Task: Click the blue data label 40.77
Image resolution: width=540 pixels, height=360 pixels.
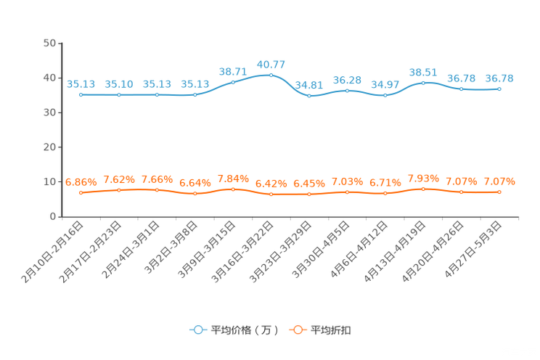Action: [271, 65]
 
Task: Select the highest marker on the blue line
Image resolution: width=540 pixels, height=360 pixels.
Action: [271, 75]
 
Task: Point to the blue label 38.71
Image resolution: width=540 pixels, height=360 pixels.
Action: [233, 71]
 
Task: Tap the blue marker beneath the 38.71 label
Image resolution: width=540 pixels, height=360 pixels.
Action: [233, 81]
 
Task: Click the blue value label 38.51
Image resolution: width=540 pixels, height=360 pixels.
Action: [423, 72]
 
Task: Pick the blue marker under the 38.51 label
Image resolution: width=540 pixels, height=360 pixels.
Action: [423, 82]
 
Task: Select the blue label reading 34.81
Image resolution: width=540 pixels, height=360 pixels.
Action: [309, 85]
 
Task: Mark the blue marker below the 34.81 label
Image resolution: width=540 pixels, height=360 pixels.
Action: [309, 96]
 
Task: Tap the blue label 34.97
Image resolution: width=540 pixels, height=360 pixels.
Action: [385, 85]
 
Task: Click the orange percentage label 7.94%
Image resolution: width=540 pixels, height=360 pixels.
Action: [233, 178]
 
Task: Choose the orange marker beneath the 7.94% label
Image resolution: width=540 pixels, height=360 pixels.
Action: [233, 189]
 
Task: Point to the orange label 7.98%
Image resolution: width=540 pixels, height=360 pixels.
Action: [423, 178]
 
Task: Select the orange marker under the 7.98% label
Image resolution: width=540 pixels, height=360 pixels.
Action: [423, 189]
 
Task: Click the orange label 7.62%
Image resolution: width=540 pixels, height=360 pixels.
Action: [119, 179]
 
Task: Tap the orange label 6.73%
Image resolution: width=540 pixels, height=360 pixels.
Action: [385, 183]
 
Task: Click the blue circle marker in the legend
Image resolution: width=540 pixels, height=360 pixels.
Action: [197, 330]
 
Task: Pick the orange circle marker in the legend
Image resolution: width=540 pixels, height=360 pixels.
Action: [298, 330]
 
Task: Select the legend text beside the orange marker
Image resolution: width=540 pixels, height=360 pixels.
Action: [331, 330]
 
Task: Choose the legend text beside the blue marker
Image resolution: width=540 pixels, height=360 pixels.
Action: [244, 330]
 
